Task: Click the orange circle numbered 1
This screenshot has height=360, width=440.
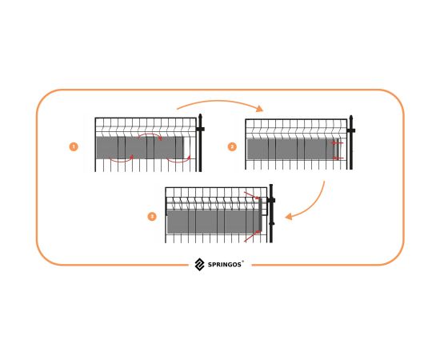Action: pyautogui.click(x=74, y=146)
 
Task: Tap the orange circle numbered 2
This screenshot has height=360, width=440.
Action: pyautogui.click(x=232, y=146)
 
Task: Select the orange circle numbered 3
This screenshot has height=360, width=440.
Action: pyautogui.click(x=152, y=217)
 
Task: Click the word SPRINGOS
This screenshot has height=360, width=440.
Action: pyautogui.click(x=225, y=265)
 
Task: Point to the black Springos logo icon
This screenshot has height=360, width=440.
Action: pyautogui.click(x=199, y=265)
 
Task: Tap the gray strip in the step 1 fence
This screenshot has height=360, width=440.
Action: pyautogui.click(x=140, y=147)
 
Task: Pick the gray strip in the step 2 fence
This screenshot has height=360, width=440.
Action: pyautogui.click(x=292, y=149)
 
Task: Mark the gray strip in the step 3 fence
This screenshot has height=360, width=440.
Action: pyautogui.click(x=214, y=222)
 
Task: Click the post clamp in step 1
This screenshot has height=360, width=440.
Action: pyautogui.click(x=200, y=129)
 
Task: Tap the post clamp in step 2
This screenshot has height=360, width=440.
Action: pyautogui.click(x=350, y=130)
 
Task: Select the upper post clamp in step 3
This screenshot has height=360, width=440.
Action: pyautogui.click(x=270, y=200)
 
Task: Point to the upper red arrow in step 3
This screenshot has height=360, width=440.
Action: pyautogui.click(x=252, y=195)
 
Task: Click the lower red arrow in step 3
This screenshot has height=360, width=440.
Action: pyautogui.click(x=252, y=236)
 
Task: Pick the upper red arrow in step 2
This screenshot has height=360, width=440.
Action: pyautogui.click(x=337, y=143)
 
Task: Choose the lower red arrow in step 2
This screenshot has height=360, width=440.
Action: pyautogui.click(x=338, y=158)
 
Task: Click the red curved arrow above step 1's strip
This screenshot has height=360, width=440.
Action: pyautogui.click(x=150, y=135)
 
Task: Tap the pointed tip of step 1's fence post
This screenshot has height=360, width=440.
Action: pyautogui.click(x=200, y=114)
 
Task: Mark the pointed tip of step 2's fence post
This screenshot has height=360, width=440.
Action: pyautogui.click(x=350, y=116)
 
